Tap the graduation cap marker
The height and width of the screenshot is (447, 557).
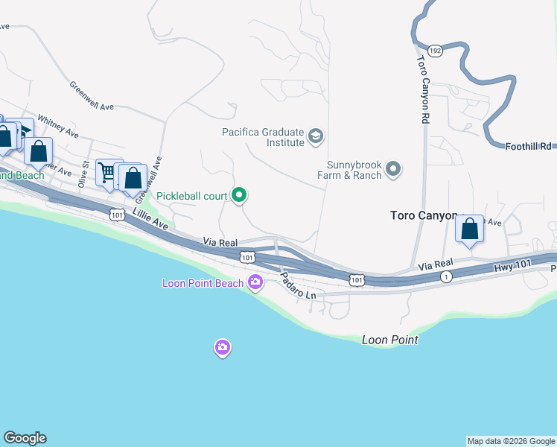coord(316,136)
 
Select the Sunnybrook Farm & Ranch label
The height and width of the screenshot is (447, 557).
coord(354,170)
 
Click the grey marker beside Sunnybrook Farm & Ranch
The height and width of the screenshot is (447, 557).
coord(393,171)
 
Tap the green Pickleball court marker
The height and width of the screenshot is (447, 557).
coord(239,196)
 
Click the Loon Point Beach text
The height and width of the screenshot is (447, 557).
coord(203,283)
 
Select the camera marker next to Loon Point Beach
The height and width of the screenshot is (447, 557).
coord(255,282)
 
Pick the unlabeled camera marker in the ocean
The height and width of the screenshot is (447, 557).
coord(222,347)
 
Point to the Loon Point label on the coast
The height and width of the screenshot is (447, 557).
coord(389,340)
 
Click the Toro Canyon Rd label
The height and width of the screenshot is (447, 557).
coord(423,89)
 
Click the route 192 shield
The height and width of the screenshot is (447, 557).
coord(436,50)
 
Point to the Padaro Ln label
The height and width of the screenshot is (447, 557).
coord(299,285)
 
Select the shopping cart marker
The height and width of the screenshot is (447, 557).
coord(108,173)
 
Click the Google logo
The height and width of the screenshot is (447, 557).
coord(25,438)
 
